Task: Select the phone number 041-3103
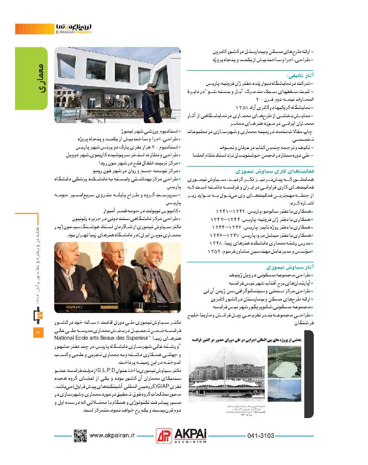(261, 436)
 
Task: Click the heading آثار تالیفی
(301, 75)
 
